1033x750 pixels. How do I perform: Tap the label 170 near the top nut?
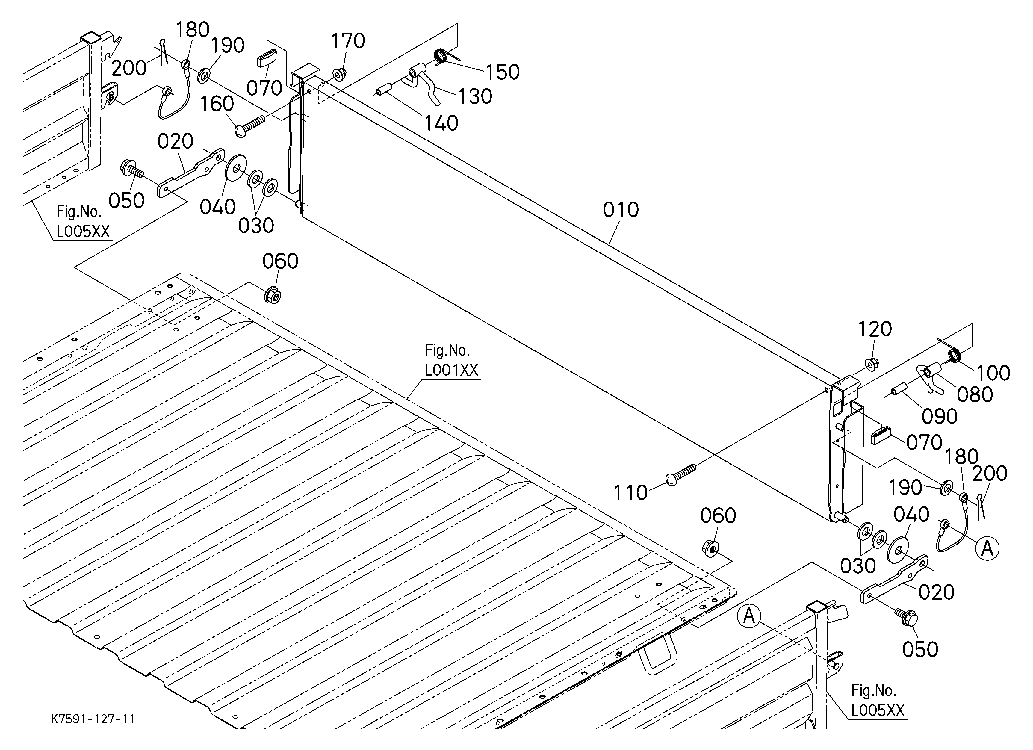(x=348, y=41)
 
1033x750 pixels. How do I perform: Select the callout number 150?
(x=502, y=72)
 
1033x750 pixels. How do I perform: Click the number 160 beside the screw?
(x=217, y=104)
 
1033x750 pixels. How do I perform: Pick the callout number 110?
(x=630, y=493)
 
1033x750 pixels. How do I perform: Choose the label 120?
(x=875, y=329)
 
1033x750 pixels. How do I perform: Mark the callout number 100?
(x=993, y=373)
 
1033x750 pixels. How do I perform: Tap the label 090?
(x=940, y=417)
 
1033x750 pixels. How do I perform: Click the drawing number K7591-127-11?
(x=93, y=719)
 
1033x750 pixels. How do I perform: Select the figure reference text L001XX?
(x=451, y=370)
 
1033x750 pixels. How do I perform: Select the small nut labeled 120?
(x=871, y=364)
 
